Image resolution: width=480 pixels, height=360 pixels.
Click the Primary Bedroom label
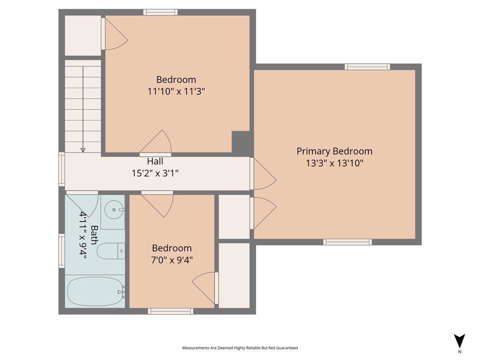tap(334, 151)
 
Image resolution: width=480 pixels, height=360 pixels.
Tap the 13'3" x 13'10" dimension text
tap(334, 163)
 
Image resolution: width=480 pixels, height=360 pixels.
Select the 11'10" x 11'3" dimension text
tap(176, 91)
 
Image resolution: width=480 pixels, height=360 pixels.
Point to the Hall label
tap(155, 162)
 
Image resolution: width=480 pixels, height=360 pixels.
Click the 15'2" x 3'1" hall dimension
tap(155, 173)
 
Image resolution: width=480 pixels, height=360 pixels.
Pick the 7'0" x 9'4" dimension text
tap(172, 260)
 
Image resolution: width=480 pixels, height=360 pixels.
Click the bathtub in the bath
tap(95, 292)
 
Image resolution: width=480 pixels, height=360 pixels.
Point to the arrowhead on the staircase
tap(83, 150)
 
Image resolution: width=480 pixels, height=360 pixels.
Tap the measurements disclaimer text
tap(240, 348)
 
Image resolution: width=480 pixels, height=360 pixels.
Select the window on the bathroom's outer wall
tap(62, 251)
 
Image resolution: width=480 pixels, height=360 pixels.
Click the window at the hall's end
tap(62, 169)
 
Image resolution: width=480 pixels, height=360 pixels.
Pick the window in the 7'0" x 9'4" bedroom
tap(170, 311)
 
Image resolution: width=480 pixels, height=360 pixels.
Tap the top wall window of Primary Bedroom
tap(367, 67)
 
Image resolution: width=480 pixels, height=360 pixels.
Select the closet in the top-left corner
tap(83, 35)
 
